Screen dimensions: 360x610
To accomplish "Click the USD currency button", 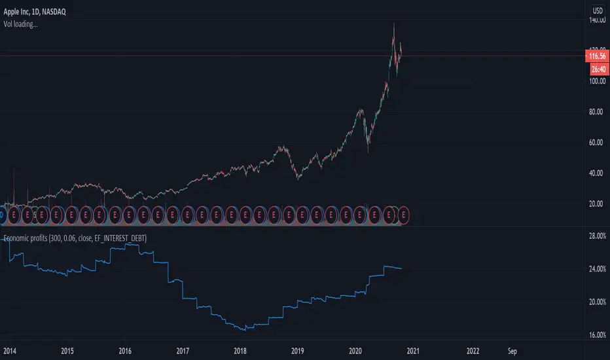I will pyautogui.click(x=598, y=11).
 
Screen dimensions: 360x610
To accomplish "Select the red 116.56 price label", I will pyautogui.click(x=598, y=57).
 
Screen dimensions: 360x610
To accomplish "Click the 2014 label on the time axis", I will pyautogui.click(x=10, y=350).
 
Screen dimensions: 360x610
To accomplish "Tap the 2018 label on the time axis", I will pyautogui.click(x=240, y=350).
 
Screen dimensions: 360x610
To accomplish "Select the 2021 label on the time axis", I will pyautogui.click(x=412, y=350).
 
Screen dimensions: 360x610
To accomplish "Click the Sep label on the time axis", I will pyautogui.click(x=512, y=350).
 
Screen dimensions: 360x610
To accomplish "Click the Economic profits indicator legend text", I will pyautogui.click(x=75, y=239).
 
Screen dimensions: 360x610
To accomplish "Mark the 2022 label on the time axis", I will pyautogui.click(x=470, y=350).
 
